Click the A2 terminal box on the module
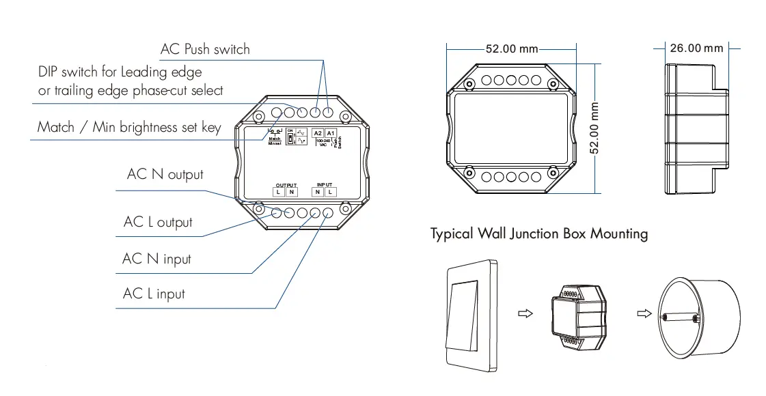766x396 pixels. pos(318,133)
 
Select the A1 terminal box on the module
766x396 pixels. pos(331,133)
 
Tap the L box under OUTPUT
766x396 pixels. pos(279,193)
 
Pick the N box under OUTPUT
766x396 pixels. pos(291,193)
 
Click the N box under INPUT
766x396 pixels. pos(318,193)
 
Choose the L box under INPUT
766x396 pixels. pos(330,193)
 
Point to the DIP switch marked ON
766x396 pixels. pos(290,139)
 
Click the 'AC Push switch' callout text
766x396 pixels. pos(205,49)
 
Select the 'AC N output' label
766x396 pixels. pos(165,174)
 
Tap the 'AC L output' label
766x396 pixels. pos(158,222)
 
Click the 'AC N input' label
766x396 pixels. pos(156,259)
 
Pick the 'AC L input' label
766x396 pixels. pos(154,294)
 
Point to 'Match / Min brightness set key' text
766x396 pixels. pos(129,127)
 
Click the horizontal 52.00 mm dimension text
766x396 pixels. pos(512,49)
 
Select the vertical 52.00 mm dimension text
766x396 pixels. pos(594,129)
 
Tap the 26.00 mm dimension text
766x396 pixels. pos(696,48)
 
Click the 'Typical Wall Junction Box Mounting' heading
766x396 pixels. pos(538,234)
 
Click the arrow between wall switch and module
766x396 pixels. pos(525,315)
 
